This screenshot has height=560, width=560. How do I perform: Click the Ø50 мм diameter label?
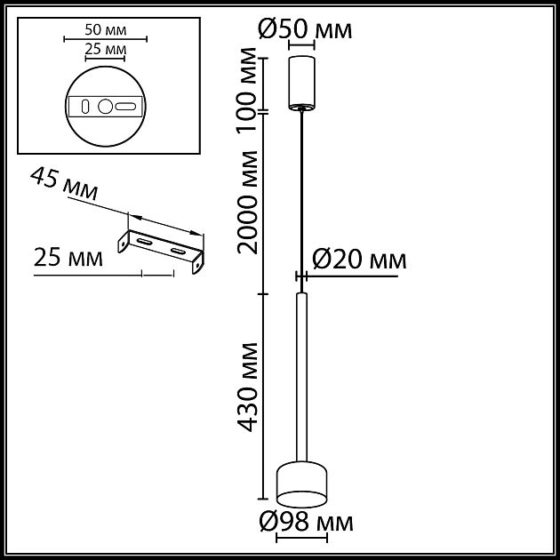[305, 29]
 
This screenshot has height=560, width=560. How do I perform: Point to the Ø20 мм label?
[359, 260]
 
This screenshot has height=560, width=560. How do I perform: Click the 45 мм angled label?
[64, 184]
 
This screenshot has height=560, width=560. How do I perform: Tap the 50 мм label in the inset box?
[106, 28]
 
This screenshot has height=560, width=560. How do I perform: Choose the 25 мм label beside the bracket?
[68, 259]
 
